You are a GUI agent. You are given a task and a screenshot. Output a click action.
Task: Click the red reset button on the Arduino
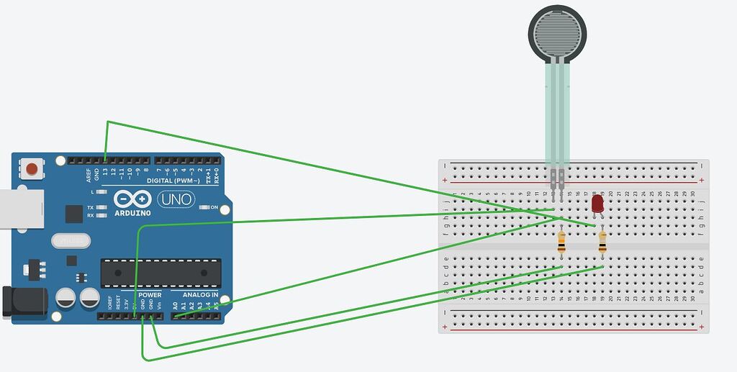32,169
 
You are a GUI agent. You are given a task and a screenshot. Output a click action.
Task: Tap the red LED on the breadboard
597,204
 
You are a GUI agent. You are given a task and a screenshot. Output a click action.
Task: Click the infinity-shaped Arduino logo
132,199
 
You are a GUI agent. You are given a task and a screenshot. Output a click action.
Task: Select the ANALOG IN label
200,295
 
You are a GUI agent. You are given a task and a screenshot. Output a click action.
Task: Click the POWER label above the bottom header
150,295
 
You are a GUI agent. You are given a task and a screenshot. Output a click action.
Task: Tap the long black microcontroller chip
160,273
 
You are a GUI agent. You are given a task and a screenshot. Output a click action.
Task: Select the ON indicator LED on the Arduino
204,207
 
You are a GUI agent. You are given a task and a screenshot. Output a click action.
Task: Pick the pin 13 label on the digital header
105,173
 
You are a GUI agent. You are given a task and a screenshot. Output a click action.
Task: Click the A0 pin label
174,305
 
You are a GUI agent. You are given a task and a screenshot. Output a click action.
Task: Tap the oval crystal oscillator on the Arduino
70,240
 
